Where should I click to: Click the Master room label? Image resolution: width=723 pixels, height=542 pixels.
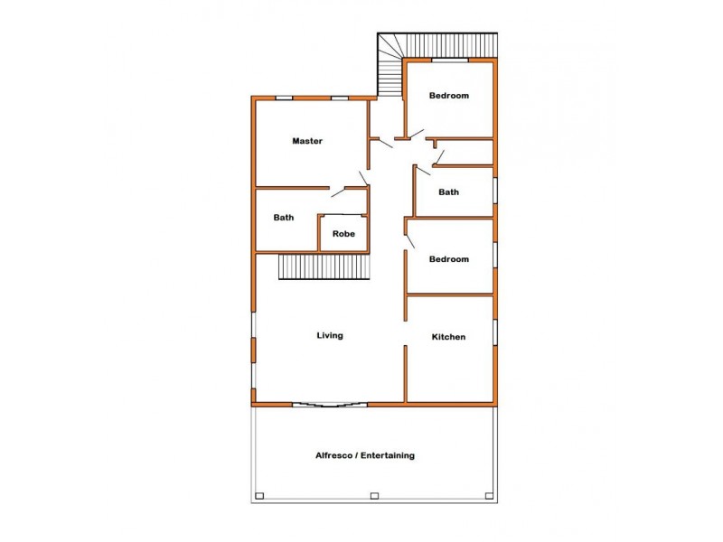307,141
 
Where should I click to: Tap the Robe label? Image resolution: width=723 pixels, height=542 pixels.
343,234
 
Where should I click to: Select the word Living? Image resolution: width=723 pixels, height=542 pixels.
329,336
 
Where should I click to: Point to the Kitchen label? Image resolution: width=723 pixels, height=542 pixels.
448,337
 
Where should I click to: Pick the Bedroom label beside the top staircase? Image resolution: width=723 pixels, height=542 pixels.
448,96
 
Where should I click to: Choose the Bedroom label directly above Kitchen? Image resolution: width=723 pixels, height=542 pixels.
448,259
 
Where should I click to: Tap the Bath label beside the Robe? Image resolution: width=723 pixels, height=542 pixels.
284,218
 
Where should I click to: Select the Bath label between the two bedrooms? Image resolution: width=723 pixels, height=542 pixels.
448,192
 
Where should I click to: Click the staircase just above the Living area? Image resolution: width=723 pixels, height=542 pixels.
324,267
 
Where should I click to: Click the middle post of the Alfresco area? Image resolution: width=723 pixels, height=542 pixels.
374,495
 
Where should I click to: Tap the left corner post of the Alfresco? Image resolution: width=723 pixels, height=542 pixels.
258,495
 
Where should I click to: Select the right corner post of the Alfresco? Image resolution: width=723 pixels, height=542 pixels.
489,495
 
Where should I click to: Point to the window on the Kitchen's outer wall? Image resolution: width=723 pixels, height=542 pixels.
495,332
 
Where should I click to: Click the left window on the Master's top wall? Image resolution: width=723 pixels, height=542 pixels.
284,98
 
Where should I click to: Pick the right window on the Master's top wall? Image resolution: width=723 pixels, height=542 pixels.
340,98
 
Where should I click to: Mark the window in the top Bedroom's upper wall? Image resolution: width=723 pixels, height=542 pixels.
449,61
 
